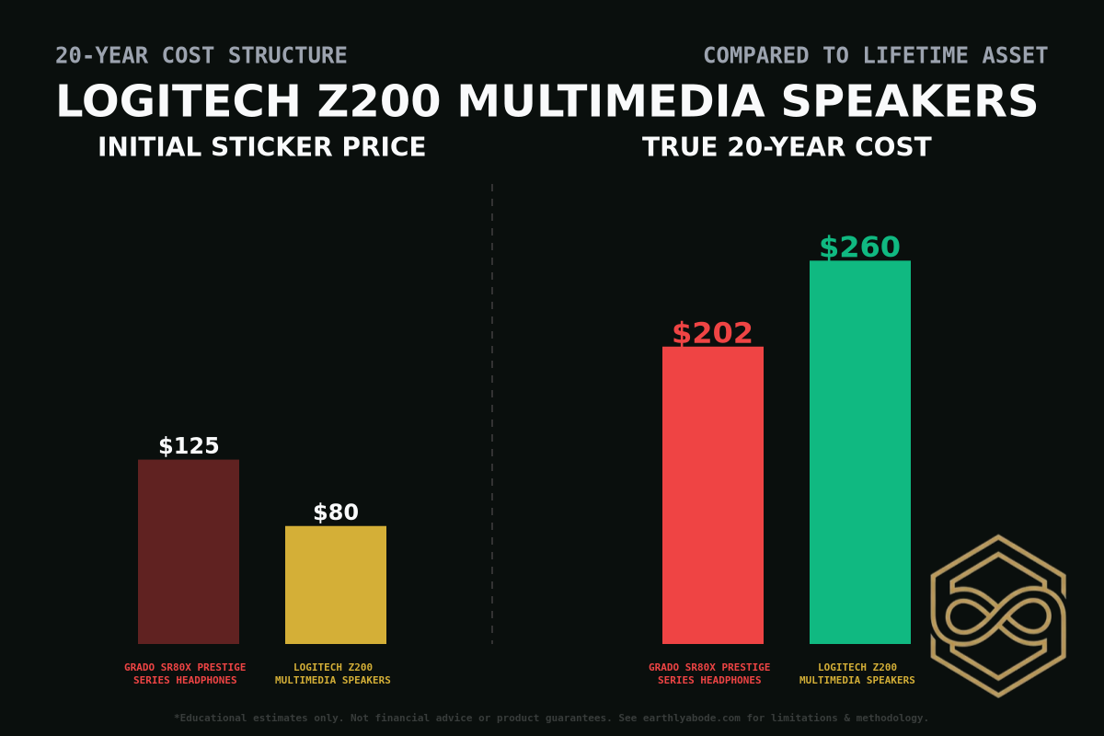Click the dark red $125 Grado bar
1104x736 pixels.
coord(189,552)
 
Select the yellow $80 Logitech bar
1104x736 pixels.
coord(336,585)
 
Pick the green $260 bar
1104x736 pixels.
coord(860,452)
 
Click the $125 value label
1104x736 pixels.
coord(189,446)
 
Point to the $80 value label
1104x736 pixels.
coord(336,513)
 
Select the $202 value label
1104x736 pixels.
coord(712,333)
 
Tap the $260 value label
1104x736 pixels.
coord(859,247)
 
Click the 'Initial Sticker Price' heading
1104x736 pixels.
coord(261,147)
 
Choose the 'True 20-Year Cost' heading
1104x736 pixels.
coord(787,147)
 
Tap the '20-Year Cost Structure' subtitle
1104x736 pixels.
coord(201,56)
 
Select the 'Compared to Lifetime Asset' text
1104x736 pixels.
coord(875,56)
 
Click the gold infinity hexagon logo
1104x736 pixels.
coord(998,615)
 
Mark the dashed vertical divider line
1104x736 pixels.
coord(492,414)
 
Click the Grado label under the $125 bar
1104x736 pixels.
coord(185,673)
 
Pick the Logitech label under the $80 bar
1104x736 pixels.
coord(333,673)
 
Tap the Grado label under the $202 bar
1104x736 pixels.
coord(709,673)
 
